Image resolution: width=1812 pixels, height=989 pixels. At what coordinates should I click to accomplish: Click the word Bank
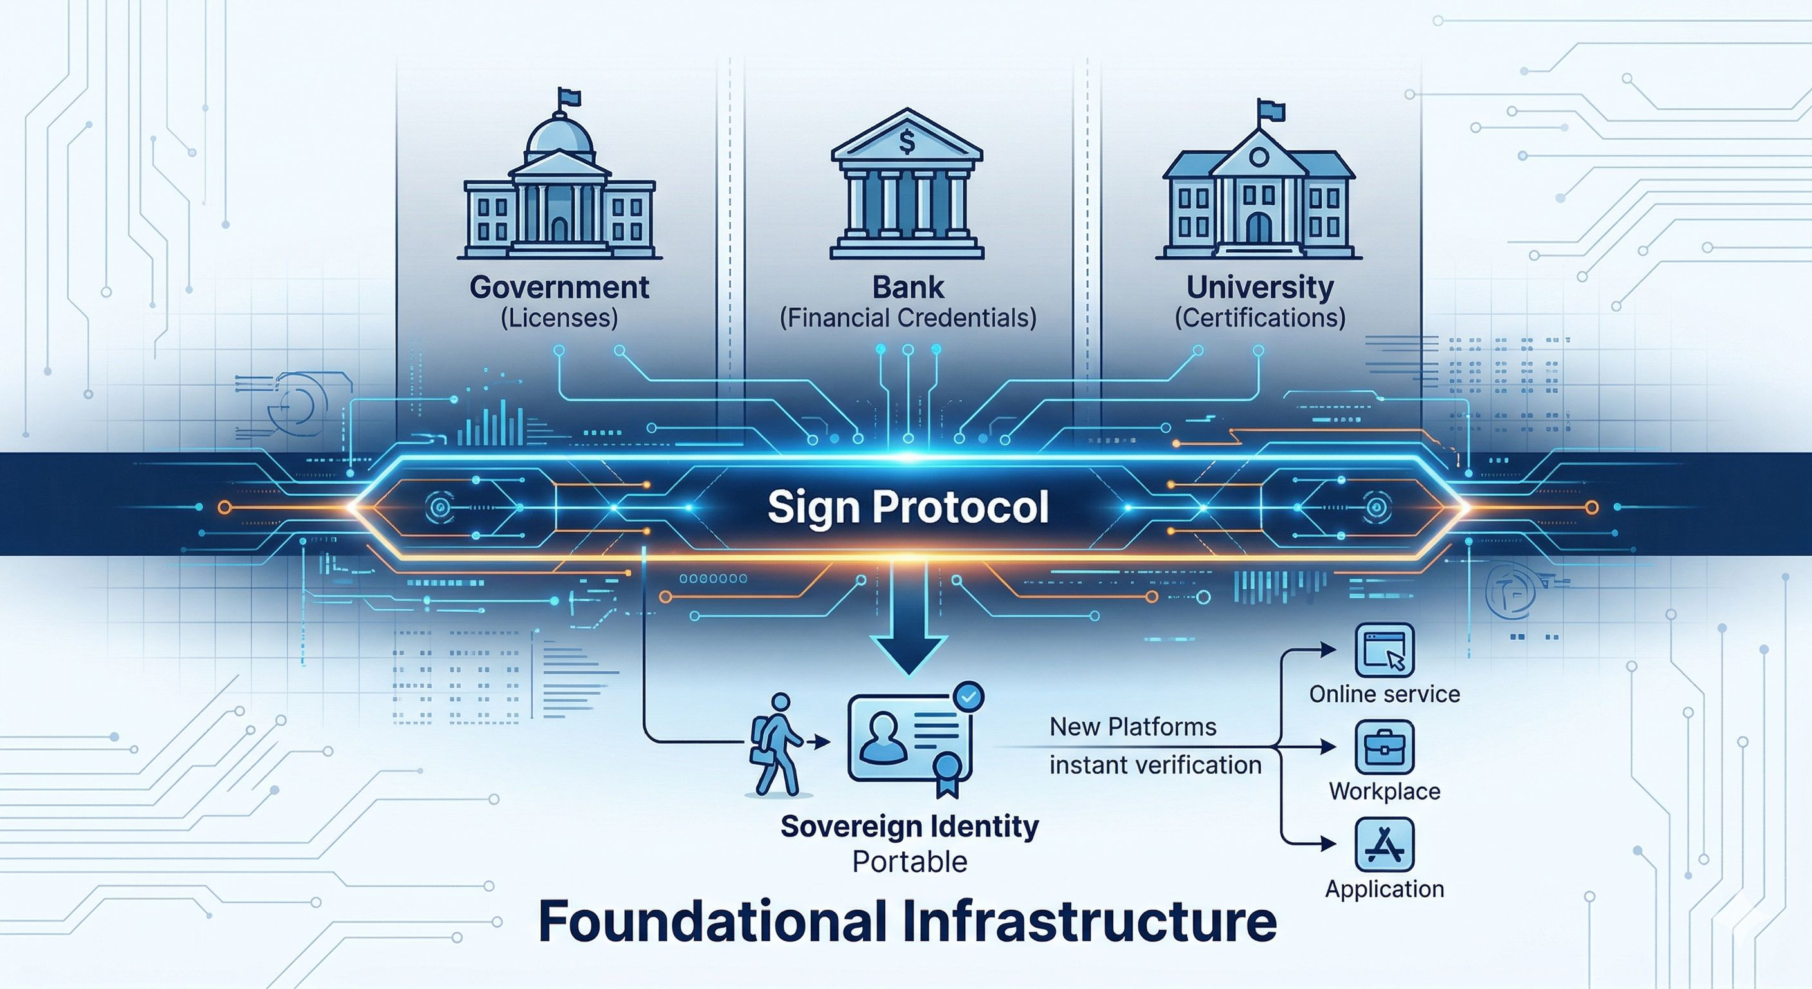click(x=908, y=287)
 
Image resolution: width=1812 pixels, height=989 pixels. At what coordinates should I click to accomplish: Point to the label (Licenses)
click(x=559, y=318)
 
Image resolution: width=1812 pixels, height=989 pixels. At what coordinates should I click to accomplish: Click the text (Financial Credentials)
click(x=908, y=318)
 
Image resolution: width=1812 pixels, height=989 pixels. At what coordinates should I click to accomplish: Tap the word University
click(x=1260, y=287)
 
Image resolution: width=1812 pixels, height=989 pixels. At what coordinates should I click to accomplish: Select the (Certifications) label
click(x=1260, y=318)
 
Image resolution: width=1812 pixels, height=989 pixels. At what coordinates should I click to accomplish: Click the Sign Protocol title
click(x=908, y=507)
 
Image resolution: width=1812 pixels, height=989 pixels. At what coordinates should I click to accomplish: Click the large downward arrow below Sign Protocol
click(x=908, y=634)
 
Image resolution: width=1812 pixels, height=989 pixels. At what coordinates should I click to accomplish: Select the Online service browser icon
click(x=1384, y=650)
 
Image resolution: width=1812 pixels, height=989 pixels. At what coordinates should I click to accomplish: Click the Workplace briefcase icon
click(x=1384, y=746)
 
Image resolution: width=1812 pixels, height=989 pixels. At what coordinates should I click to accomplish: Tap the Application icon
click(x=1384, y=844)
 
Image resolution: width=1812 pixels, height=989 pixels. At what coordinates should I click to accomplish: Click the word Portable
click(x=909, y=862)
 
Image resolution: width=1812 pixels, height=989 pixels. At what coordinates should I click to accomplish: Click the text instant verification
click(x=1155, y=764)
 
